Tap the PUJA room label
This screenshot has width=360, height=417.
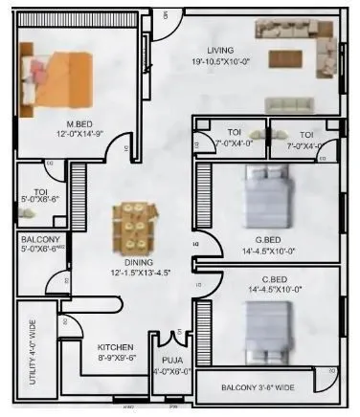[172, 360]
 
